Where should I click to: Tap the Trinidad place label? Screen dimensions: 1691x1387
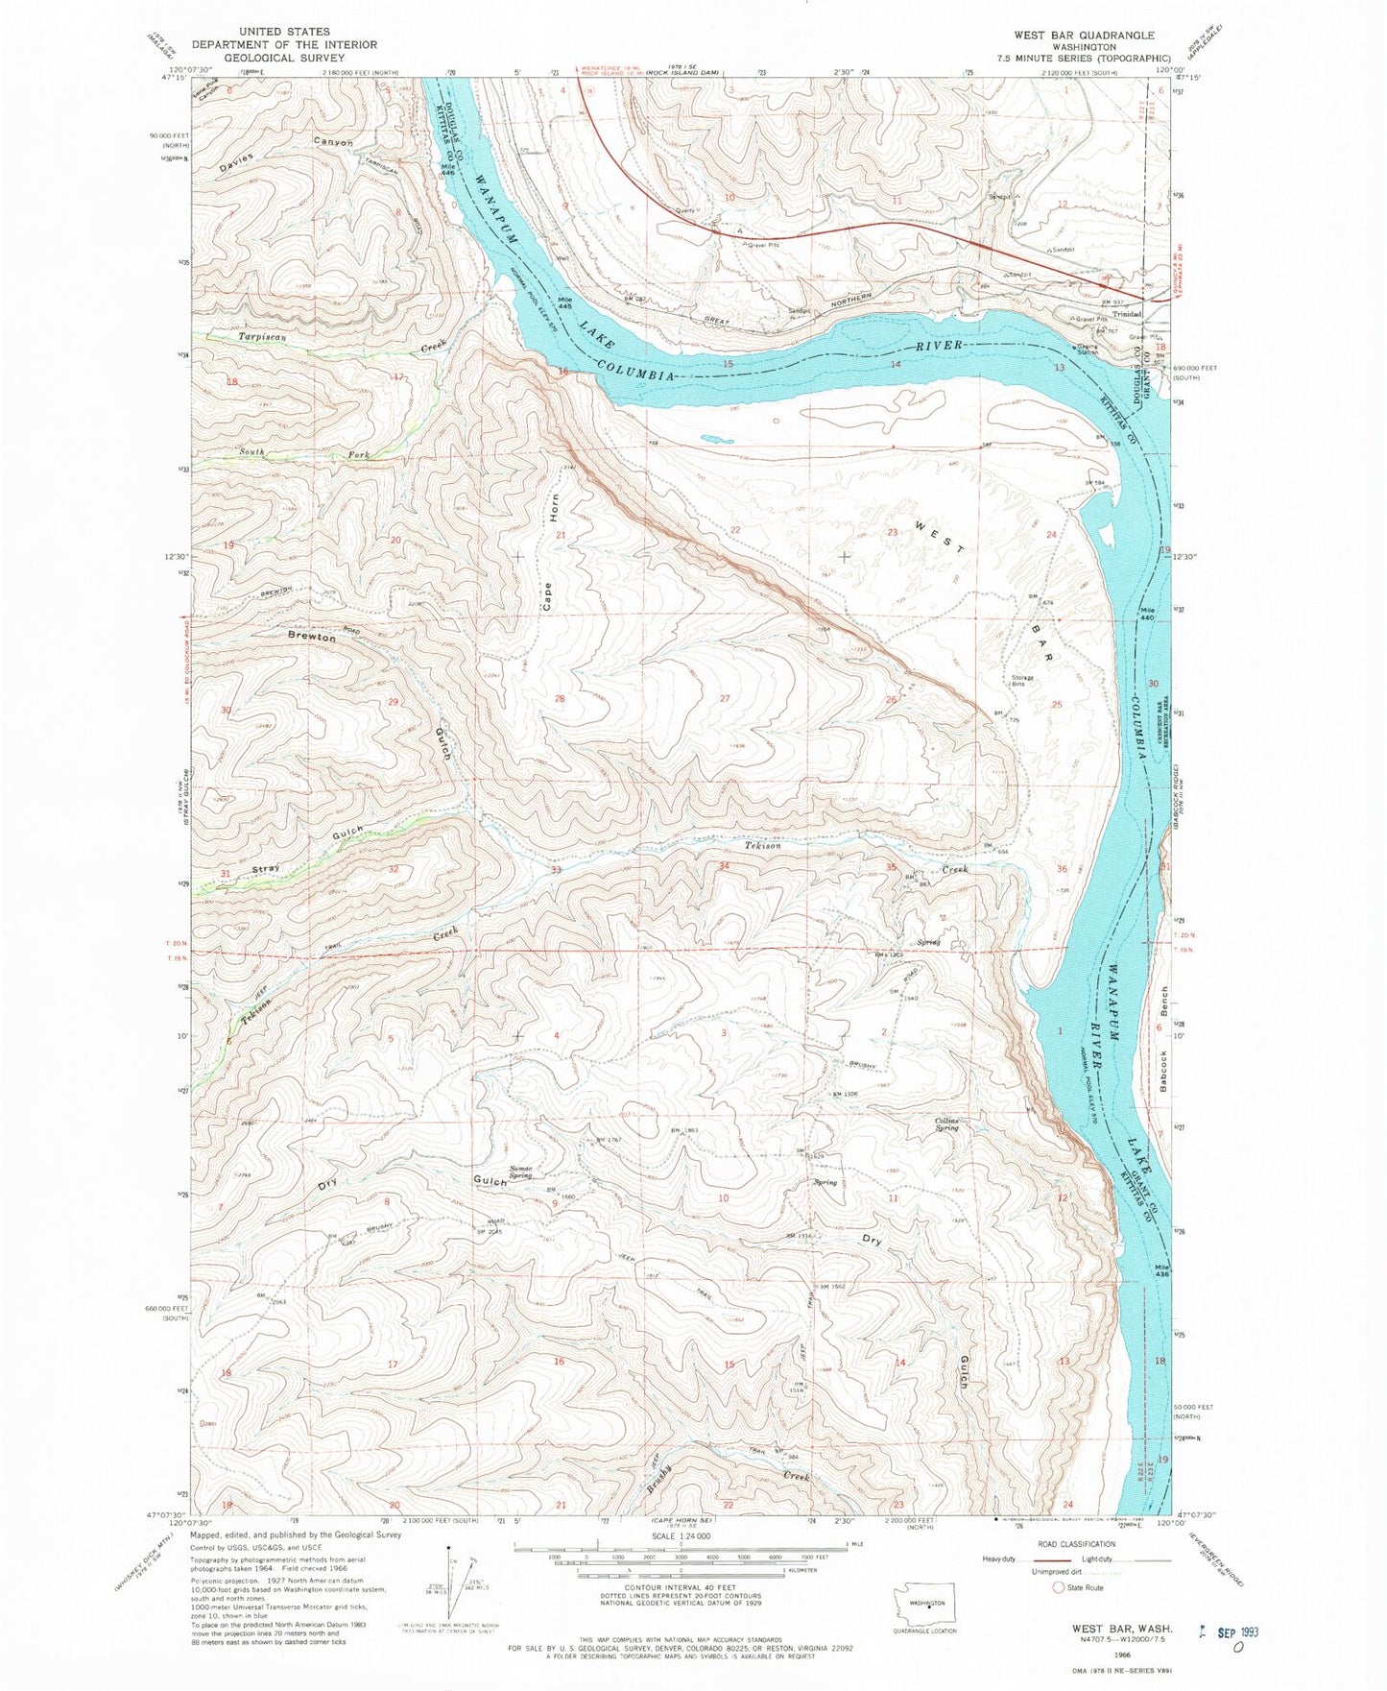click(1126, 314)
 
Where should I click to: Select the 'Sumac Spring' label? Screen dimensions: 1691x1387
click(520, 1172)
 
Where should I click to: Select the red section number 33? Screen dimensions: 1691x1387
click(556, 870)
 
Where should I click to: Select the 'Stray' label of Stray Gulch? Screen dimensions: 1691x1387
click(266, 869)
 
